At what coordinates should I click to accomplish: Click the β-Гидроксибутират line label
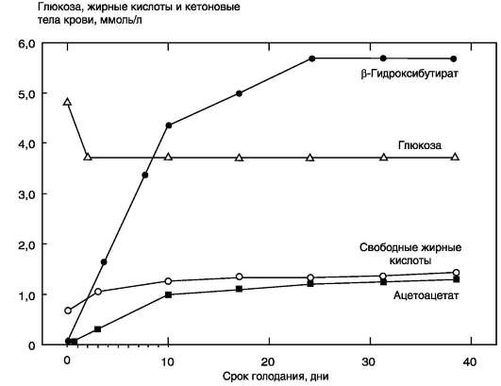(409, 74)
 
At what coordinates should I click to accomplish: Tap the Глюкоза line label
(420, 145)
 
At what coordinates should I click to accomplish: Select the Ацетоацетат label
(426, 295)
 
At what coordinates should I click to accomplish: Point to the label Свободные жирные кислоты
(410, 254)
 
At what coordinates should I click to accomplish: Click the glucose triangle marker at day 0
(67, 102)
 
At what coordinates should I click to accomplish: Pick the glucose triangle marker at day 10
(168, 157)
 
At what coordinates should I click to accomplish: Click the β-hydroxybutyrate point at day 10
(169, 126)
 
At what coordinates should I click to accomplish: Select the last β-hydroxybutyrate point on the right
(454, 59)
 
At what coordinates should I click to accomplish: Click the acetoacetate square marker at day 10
(168, 294)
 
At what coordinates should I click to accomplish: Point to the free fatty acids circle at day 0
(68, 310)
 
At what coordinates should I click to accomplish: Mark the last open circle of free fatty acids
(457, 273)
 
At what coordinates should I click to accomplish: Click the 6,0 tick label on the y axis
(26, 43)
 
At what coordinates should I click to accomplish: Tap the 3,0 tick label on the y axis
(26, 194)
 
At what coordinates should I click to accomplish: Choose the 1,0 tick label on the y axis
(26, 295)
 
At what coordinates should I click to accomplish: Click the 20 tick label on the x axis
(268, 361)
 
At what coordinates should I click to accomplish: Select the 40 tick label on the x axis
(470, 361)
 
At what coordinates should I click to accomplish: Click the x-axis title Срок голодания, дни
(276, 377)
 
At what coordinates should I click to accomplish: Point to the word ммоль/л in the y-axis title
(121, 20)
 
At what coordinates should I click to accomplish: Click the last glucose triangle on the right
(456, 157)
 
